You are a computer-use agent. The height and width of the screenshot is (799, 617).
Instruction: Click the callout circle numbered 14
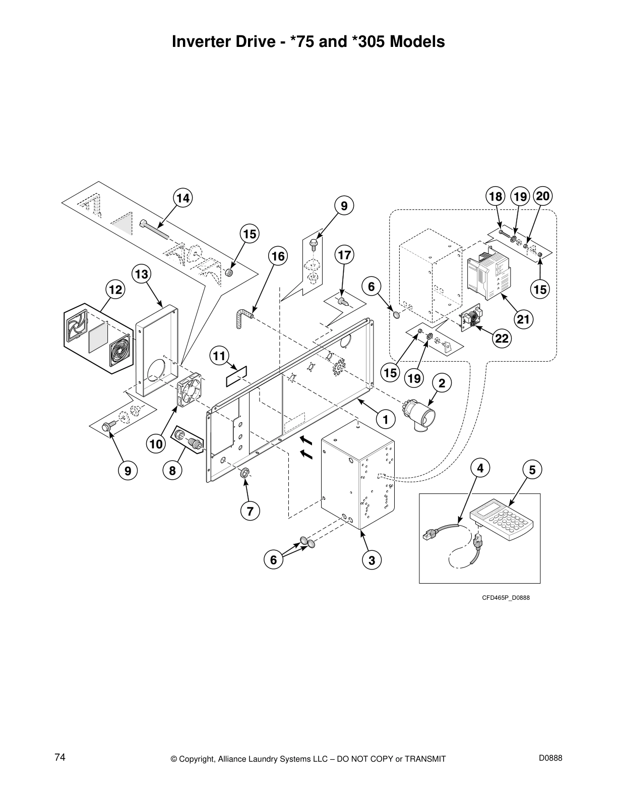[183, 198]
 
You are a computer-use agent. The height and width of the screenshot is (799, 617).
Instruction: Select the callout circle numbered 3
[372, 560]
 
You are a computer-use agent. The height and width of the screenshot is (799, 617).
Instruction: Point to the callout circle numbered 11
[218, 356]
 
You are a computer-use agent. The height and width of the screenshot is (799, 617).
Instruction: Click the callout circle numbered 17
[344, 255]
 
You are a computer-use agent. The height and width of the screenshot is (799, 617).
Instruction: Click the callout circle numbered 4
[480, 468]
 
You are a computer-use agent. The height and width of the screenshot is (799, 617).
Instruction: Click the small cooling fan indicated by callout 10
[190, 390]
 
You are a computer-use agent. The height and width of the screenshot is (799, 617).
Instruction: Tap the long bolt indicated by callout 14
[155, 229]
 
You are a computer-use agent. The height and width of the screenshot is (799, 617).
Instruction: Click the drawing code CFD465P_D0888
[506, 598]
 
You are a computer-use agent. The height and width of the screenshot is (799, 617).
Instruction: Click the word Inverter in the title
[201, 41]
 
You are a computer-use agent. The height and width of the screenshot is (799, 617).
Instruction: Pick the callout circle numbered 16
[278, 256]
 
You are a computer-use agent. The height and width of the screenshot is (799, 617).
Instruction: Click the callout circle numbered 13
[142, 274]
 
